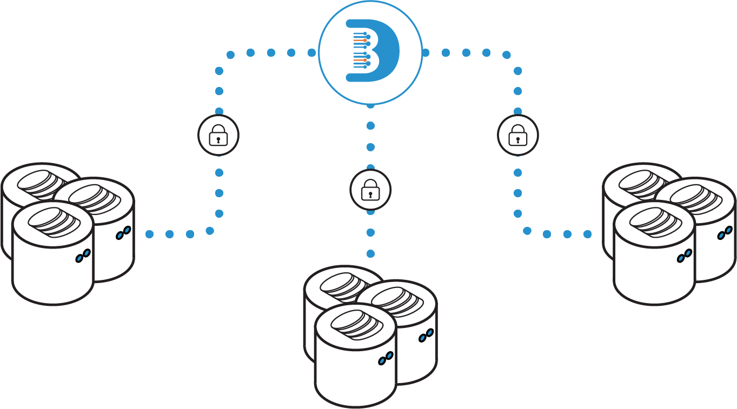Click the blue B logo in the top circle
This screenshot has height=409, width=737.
coord(373,51)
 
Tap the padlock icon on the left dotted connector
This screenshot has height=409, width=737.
coord(218,135)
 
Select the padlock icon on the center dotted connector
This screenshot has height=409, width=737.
coord(370,190)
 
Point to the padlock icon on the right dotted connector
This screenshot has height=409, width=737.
coord(518,135)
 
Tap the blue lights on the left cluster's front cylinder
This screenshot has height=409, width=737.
coord(83,256)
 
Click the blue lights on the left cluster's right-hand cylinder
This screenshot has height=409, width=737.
coord(123,233)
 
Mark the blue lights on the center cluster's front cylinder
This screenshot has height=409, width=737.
coord(386,358)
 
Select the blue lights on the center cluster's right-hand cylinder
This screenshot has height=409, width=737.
coord(426,336)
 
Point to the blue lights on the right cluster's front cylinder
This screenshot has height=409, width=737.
coord(685,256)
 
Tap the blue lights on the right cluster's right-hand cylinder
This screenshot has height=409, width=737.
coord(725,233)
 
